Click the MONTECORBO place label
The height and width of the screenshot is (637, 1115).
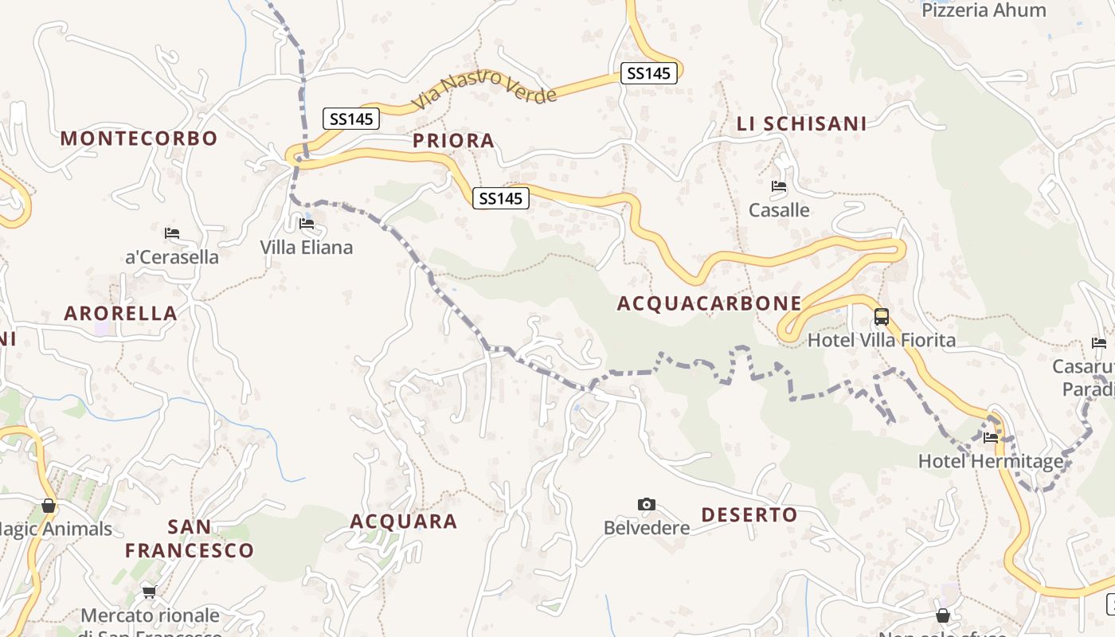[x=139, y=138]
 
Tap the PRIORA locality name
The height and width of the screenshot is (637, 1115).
[x=453, y=141]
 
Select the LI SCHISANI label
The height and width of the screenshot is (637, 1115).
[x=801, y=123]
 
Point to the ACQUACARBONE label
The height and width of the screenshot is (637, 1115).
[x=709, y=303]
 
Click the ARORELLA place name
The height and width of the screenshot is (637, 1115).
[x=120, y=313]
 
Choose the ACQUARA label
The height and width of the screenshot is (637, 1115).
[x=404, y=522]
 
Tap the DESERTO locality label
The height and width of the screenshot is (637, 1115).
[x=749, y=515]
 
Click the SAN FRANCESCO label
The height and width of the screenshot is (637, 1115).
[x=190, y=538]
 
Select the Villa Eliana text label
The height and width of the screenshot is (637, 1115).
[x=306, y=248]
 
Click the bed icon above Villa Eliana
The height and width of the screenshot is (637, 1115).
[x=307, y=224]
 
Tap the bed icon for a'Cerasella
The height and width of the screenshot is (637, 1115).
[x=171, y=233]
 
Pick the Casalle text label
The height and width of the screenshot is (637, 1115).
[x=779, y=210]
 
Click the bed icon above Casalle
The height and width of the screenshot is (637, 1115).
[x=779, y=186]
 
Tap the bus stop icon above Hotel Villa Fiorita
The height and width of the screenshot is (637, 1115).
[x=881, y=316]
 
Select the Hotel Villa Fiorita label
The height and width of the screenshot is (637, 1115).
[x=881, y=341]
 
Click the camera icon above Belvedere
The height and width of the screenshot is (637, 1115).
[x=647, y=504]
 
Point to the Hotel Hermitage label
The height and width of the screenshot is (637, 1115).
[x=990, y=461]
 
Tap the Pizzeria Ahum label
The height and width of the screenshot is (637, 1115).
[x=984, y=10]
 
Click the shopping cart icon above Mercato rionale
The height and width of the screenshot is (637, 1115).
[x=149, y=592]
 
